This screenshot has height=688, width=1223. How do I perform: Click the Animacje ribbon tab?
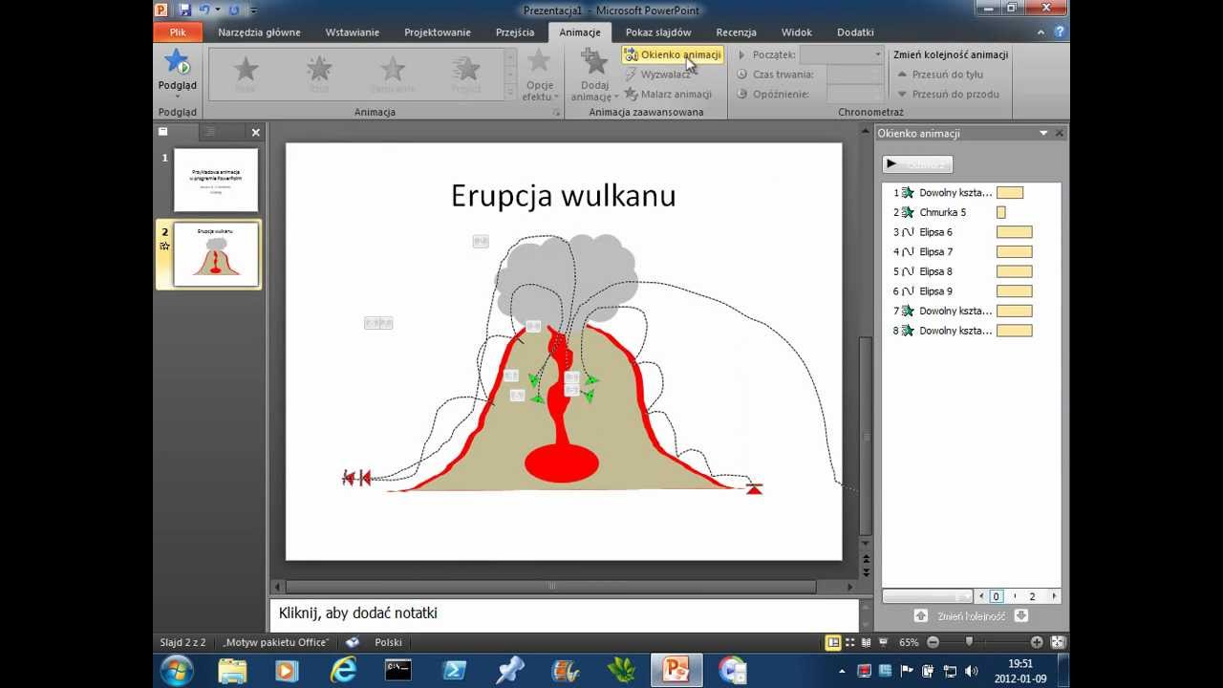click(x=580, y=32)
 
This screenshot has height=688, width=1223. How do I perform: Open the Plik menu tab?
click(x=178, y=32)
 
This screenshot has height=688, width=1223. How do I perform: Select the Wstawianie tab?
click(x=352, y=32)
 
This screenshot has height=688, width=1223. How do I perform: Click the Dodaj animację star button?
click(x=594, y=75)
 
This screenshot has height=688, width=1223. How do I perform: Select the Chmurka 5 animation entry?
click(x=942, y=212)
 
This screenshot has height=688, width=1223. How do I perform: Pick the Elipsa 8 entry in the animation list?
click(x=935, y=271)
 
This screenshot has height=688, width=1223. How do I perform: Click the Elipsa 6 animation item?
click(x=935, y=232)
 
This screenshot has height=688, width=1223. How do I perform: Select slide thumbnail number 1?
click(x=216, y=180)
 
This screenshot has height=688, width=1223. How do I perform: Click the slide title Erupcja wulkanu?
click(x=563, y=196)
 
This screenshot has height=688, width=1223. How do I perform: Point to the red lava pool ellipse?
click(x=562, y=464)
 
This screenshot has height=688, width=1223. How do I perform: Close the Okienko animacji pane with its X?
click(x=1060, y=133)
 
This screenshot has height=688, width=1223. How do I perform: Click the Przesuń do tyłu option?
click(x=947, y=75)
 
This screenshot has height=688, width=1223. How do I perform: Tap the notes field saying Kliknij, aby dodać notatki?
click(x=564, y=613)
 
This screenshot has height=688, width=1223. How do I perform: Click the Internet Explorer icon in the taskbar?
click(x=343, y=670)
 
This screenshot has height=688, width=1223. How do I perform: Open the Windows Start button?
click(x=177, y=670)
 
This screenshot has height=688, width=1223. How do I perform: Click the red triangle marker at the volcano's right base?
click(x=754, y=489)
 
